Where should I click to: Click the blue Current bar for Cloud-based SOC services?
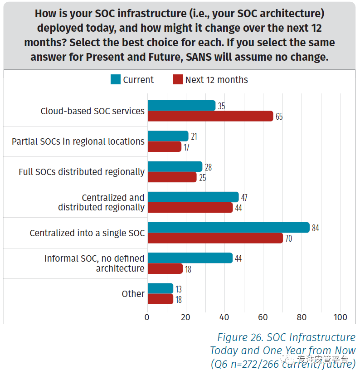click(181, 106)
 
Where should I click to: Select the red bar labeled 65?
click(210, 116)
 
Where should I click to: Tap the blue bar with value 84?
click(229, 228)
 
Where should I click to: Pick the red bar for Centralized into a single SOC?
click(215, 238)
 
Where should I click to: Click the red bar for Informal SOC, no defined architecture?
click(165, 268)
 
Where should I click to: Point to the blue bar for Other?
click(161, 288)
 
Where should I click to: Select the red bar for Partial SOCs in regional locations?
click(164, 146)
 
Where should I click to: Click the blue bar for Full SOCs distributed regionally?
click(175, 166)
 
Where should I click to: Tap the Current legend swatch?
click(116, 80)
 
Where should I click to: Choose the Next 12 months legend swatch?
click(177, 80)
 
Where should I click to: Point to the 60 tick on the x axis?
click(263, 317)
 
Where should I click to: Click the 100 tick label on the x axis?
click(341, 317)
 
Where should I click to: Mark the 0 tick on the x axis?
click(147, 317)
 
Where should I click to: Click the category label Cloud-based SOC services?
click(92, 111)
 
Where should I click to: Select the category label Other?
click(133, 294)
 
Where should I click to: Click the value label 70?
click(289, 238)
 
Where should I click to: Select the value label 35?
click(221, 106)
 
